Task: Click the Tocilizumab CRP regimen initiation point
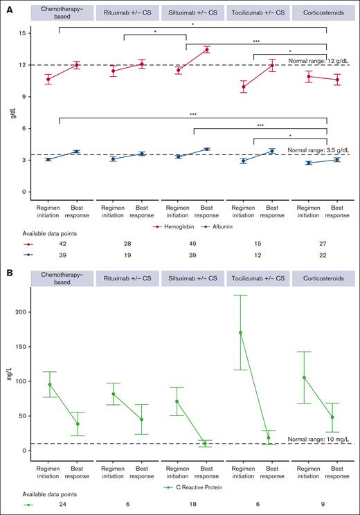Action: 241,333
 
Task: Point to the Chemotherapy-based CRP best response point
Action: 77,424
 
